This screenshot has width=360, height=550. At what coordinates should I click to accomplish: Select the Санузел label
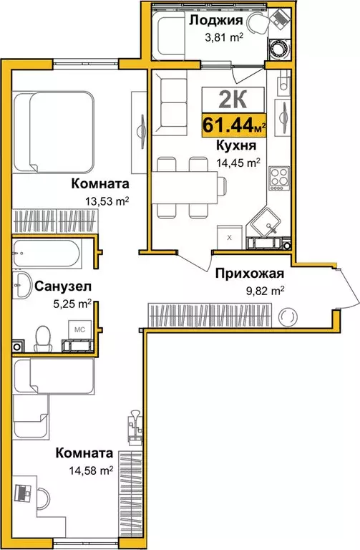coord(62,287)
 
